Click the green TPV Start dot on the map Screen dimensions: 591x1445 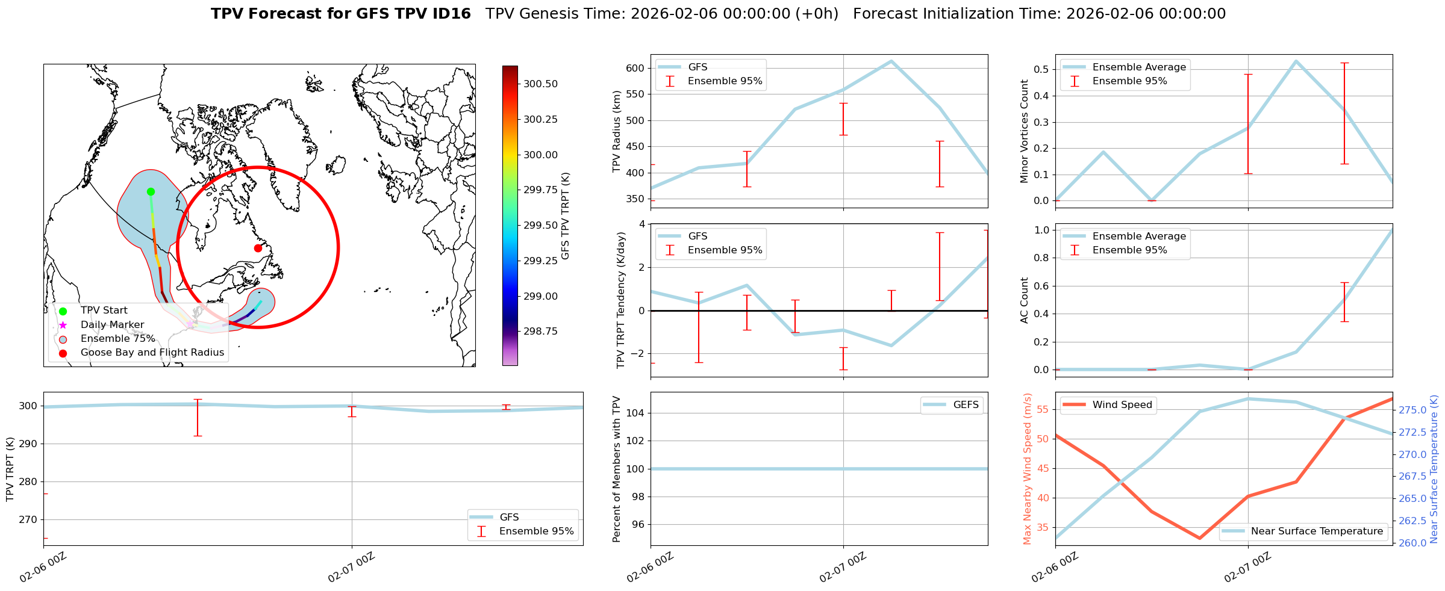click(x=151, y=191)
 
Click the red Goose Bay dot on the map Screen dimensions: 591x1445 click(x=258, y=248)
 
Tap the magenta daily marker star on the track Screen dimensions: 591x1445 click(x=190, y=324)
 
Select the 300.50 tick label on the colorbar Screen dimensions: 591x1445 click(x=540, y=84)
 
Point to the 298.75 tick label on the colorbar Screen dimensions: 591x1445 click(x=540, y=331)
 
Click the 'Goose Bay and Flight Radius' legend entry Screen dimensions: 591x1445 click(x=152, y=353)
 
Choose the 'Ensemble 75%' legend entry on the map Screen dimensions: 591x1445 click(x=117, y=339)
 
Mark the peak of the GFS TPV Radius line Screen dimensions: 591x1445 click(x=891, y=61)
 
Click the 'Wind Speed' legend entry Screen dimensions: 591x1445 click(x=1122, y=405)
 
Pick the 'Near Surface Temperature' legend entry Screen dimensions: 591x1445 click(x=1316, y=531)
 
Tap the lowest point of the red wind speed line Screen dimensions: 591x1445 click(x=1199, y=538)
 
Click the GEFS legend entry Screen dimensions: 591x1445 click(x=966, y=405)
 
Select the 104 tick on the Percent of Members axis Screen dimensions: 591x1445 click(x=637, y=413)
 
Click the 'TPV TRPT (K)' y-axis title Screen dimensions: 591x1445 click(x=10, y=469)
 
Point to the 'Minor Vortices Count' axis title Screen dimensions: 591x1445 click(x=1024, y=131)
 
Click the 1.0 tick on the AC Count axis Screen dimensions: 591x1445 click(x=1042, y=230)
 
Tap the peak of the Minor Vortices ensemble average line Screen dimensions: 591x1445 click(x=1296, y=61)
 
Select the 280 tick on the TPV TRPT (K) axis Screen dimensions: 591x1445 click(x=28, y=481)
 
